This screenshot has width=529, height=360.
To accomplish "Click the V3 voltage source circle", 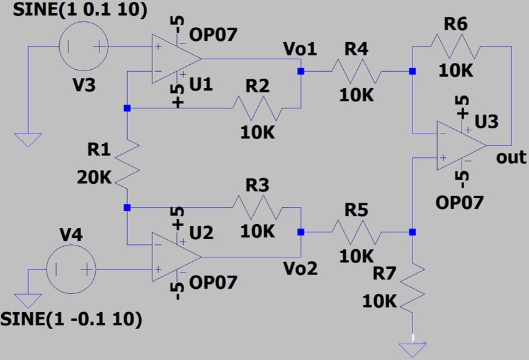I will tap(84, 46).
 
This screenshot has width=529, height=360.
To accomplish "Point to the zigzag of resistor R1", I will tap(127, 162).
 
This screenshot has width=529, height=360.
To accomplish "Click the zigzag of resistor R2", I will tap(257, 108).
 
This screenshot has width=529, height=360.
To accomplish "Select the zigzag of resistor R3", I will tap(256, 206).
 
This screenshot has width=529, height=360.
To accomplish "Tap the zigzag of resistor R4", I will tap(357, 71).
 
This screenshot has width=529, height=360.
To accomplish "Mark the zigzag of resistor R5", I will tap(356, 232).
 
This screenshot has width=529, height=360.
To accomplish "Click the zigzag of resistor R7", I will tap(412, 287).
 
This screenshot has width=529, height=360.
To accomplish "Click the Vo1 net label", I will tap(300, 50).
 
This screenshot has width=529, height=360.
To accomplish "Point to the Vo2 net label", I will tap(300, 269).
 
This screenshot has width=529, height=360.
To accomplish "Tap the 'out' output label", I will tap(511, 157).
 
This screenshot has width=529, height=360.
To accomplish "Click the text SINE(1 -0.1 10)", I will tap(71, 319).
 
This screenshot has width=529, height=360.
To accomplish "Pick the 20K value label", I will tap(94, 178).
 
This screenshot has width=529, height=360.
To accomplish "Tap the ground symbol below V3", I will tap(28, 139).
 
